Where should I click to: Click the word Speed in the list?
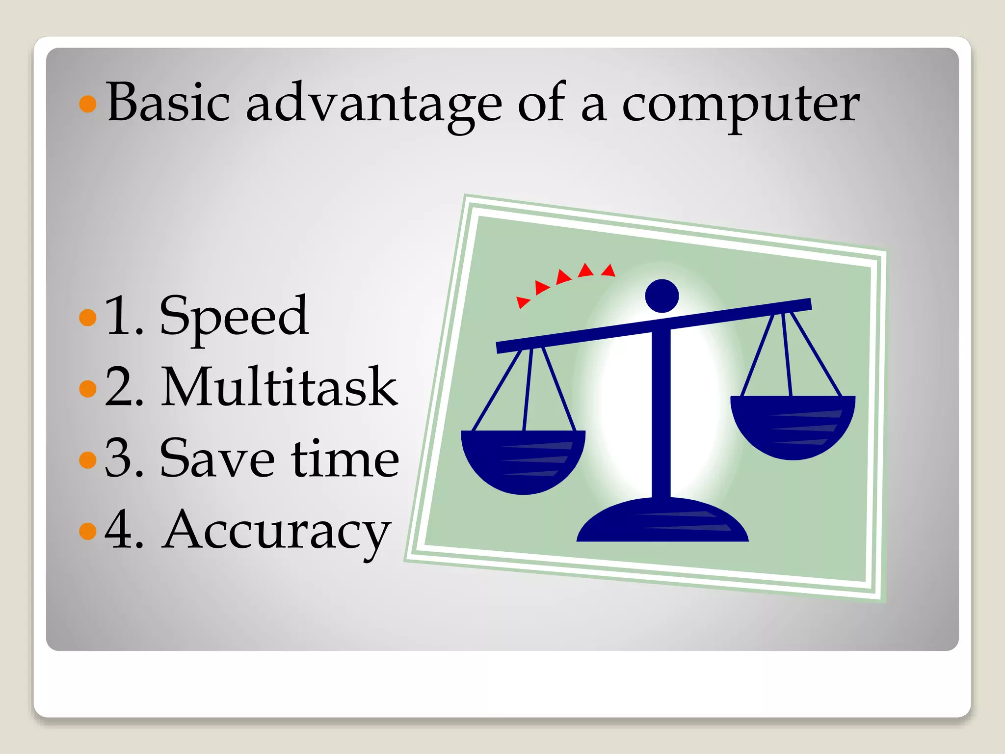pyautogui.click(x=234, y=317)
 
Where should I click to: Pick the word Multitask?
pyautogui.click(x=279, y=388)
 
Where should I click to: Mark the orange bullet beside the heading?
pyautogui.click(x=88, y=104)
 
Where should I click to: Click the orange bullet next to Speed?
pyautogui.click(x=88, y=317)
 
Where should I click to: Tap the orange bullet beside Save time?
pyautogui.click(x=88, y=459)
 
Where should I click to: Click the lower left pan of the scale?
pyautogui.click(x=523, y=461)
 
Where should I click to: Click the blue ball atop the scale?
pyautogui.click(x=661, y=296)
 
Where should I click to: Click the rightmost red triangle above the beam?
pyautogui.click(x=609, y=270)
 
